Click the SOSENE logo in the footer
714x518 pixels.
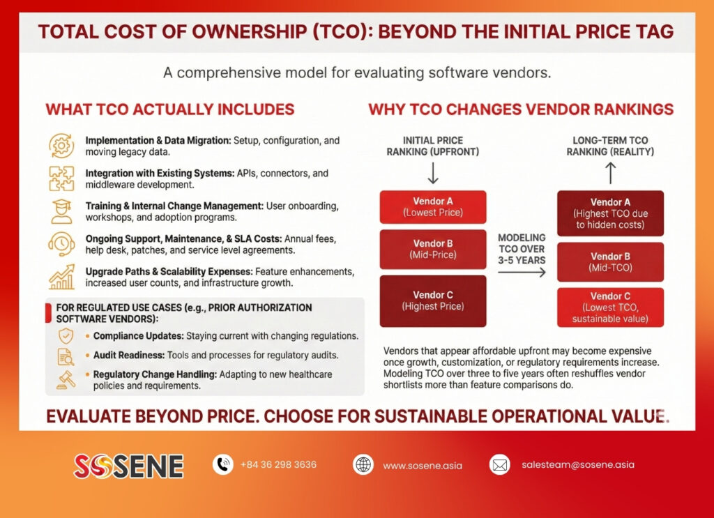pyautogui.click(x=128, y=466)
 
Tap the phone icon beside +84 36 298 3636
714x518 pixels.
pyautogui.click(x=223, y=465)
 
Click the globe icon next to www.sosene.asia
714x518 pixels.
pyautogui.click(x=363, y=465)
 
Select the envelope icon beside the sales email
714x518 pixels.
pyautogui.click(x=499, y=465)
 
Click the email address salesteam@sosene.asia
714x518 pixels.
pyautogui.click(x=578, y=465)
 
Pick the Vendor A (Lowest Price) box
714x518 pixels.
pyautogui.click(x=433, y=207)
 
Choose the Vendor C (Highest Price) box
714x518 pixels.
pyautogui.click(x=433, y=301)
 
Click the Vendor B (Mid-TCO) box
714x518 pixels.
pyautogui.click(x=610, y=262)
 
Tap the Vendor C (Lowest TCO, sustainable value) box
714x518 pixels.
pyautogui.click(x=610, y=307)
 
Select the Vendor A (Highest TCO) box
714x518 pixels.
pyautogui.click(x=610, y=213)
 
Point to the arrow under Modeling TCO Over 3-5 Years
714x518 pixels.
pyautogui.click(x=522, y=273)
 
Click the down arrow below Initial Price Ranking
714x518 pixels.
pyautogui.click(x=433, y=173)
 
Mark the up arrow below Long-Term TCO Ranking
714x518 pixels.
pyautogui.click(x=610, y=174)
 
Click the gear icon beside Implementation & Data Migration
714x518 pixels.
pyautogui.click(x=61, y=146)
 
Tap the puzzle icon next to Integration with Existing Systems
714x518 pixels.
pyautogui.click(x=61, y=178)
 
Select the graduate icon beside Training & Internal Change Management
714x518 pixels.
pyautogui.click(x=61, y=211)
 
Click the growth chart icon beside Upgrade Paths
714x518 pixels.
pyautogui.click(x=61, y=277)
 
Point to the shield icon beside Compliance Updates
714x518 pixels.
pyautogui.click(x=66, y=336)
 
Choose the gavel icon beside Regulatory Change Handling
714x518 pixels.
pyautogui.click(x=66, y=380)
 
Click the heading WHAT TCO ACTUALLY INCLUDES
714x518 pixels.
pyautogui.click(x=170, y=109)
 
